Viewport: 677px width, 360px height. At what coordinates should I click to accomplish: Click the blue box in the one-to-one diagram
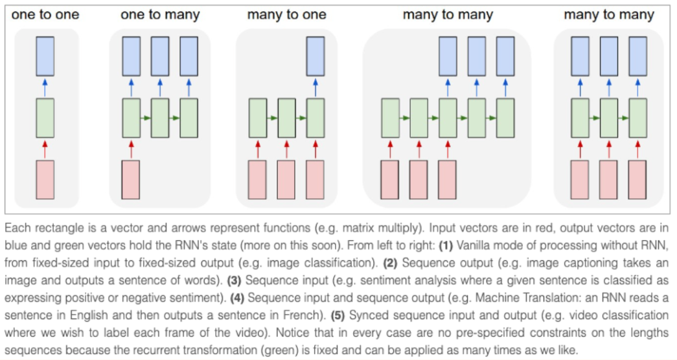[x=45, y=56]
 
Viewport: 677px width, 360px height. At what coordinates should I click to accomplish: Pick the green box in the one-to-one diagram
[x=45, y=117]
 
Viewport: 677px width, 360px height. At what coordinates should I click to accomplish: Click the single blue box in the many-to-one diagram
[x=316, y=56]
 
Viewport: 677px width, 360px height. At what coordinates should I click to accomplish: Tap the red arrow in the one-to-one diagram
[x=45, y=148]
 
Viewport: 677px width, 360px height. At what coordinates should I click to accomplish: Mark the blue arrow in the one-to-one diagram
[x=45, y=87]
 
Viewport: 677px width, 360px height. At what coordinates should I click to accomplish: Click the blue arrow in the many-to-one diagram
[x=316, y=87]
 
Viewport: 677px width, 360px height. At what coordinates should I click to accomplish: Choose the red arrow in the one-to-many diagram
[x=131, y=148]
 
